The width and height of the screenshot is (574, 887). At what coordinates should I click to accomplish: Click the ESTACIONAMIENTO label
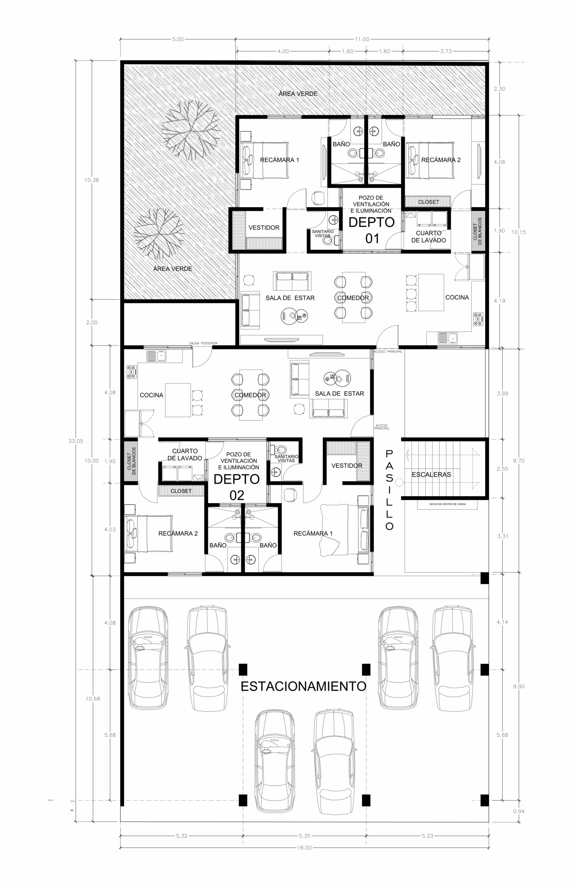click(303, 686)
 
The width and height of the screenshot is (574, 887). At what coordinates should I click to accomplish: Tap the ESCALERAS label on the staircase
click(431, 474)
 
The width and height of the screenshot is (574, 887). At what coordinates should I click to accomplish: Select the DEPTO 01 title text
click(372, 230)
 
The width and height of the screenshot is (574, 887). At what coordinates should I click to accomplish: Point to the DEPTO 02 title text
click(237, 487)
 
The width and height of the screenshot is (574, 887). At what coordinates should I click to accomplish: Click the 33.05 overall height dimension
click(76, 441)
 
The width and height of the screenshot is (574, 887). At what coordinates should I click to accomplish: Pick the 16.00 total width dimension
click(304, 848)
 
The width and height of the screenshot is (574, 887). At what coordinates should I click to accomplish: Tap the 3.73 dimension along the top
click(446, 51)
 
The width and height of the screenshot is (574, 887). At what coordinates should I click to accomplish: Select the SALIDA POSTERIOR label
click(203, 343)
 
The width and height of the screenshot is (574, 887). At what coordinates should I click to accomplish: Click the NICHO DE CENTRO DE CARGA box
click(447, 504)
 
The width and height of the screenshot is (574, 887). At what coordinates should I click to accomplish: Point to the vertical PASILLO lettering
click(389, 490)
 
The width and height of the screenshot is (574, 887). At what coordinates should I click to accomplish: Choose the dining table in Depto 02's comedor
click(250, 395)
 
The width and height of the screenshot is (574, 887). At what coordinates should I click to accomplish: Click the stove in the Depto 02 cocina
click(132, 372)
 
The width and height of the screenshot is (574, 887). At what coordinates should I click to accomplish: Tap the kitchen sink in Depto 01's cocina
click(448, 338)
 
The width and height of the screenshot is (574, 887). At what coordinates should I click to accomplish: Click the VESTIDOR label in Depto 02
click(347, 465)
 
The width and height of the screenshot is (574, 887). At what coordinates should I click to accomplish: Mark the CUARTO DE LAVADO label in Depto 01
click(429, 237)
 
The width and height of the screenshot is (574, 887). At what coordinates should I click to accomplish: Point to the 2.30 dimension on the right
click(500, 89)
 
